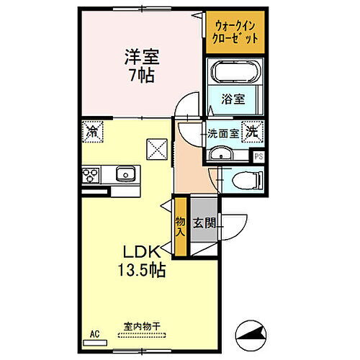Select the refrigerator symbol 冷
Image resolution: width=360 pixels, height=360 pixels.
(92, 132)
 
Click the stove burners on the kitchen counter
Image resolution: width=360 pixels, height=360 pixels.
(91, 174)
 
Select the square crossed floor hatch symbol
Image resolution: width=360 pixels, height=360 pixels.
(157, 148)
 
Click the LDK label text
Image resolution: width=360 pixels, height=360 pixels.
(140, 254)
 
